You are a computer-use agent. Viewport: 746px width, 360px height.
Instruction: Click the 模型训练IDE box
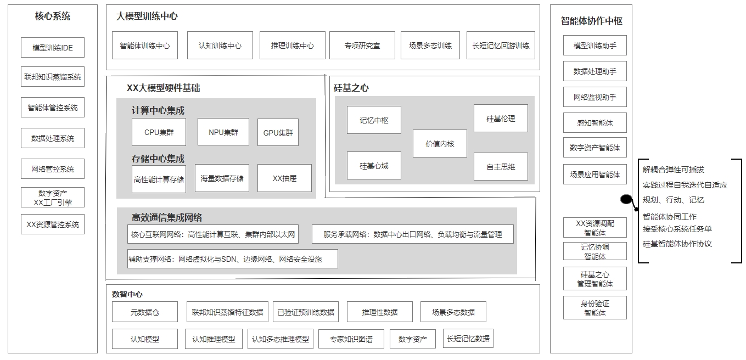[53, 48]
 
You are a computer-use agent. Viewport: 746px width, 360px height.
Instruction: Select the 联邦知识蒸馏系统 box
[53, 77]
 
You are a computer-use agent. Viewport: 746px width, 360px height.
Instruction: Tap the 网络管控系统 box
[53, 169]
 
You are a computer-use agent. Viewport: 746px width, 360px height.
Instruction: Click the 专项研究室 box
[362, 46]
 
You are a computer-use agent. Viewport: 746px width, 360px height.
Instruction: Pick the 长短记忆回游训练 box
[501, 46]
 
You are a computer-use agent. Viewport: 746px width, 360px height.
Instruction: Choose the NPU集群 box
[223, 132]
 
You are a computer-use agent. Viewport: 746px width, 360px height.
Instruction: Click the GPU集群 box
[278, 133]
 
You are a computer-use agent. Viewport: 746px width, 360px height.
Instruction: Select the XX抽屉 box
[284, 178]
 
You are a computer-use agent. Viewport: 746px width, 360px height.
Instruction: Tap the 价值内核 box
[440, 144]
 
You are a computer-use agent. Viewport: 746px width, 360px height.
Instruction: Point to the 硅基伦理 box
[501, 119]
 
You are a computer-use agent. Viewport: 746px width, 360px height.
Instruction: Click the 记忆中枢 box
[374, 120]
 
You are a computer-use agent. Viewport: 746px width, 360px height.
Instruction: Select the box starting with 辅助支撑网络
[232, 259]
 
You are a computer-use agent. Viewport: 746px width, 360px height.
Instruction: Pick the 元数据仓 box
[145, 312]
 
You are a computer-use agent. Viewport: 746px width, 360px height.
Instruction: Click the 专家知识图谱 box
[351, 339]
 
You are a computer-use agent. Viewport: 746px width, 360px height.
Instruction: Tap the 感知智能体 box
[594, 123]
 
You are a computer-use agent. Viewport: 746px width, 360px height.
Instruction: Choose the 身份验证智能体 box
[594, 308]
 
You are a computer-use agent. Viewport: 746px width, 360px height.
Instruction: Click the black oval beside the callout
[626, 199]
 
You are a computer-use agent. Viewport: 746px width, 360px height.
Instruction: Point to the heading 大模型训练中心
[147, 16]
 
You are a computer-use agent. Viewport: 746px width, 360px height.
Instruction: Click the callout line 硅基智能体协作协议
[677, 244]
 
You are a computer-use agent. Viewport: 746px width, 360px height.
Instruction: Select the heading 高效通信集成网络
[167, 218]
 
